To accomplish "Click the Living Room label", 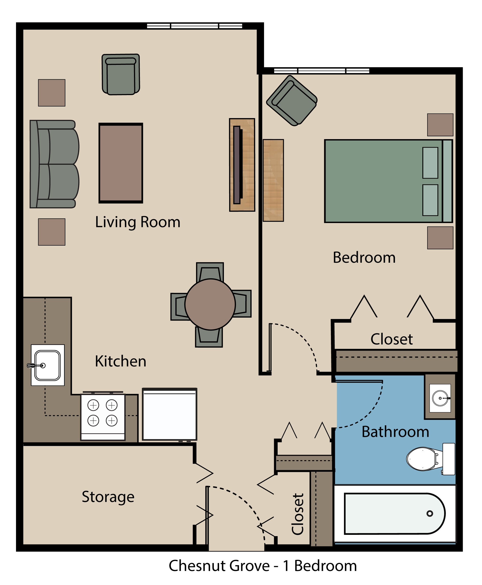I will [138, 222].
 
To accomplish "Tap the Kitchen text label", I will [121, 362].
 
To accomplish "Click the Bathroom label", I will [395, 432].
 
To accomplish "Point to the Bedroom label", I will [364, 258].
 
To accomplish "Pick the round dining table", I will [210, 304].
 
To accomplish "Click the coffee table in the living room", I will [121, 163].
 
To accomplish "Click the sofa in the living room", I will [54, 164].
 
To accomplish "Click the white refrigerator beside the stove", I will [169, 414].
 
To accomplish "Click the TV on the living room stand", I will [237, 165].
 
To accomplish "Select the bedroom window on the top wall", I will [321, 71].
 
